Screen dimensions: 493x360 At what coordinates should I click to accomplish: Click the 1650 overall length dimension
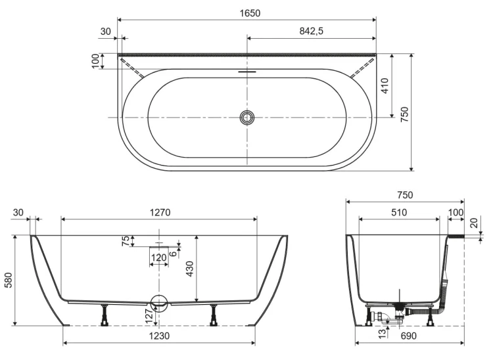pos(250,13)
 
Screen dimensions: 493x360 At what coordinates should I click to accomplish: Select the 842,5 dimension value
pos(311,31)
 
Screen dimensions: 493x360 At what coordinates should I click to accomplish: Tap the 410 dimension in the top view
pos(385,86)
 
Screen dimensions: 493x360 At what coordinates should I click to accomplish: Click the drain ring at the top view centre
pos(247,118)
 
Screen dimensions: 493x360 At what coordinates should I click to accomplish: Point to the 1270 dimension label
pos(160,213)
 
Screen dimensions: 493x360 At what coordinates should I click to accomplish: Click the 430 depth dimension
pos(189,269)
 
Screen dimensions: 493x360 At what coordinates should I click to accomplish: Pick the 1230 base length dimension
pos(159,336)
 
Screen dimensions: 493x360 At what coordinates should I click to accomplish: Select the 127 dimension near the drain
pos(151,316)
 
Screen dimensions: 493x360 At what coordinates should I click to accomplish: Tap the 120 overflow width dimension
pos(159,258)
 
